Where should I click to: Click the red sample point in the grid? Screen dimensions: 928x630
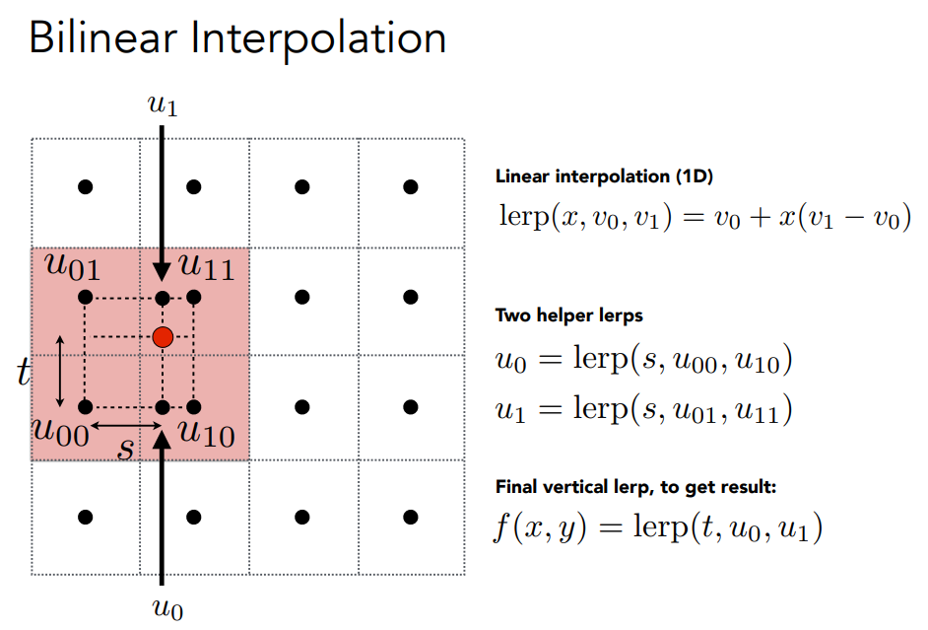pyautogui.click(x=163, y=337)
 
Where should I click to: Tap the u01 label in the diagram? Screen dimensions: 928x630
pyautogui.click(x=72, y=266)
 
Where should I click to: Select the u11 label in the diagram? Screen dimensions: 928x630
pyautogui.click(x=207, y=266)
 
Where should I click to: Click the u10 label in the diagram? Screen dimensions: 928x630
pyautogui.click(x=207, y=433)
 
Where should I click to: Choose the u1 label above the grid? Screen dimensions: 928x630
pyautogui.click(x=163, y=105)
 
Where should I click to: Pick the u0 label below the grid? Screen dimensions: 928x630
pyautogui.click(x=167, y=609)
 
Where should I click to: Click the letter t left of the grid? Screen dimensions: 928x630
pyautogui.click(x=24, y=372)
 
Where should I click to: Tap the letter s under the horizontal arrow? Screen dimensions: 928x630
pyautogui.click(x=125, y=449)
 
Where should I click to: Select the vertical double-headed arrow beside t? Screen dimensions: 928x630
pyautogui.click(x=59, y=372)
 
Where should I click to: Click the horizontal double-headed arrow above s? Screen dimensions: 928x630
pyautogui.click(x=125, y=425)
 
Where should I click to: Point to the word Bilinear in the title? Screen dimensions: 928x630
pyautogui.click(x=103, y=38)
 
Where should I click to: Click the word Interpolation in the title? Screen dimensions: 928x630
pyautogui.click(x=318, y=40)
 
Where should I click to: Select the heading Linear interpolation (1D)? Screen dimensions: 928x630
pyautogui.click(x=604, y=176)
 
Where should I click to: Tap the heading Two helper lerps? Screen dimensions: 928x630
pyautogui.click(x=569, y=315)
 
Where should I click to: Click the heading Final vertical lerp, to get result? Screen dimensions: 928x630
pyautogui.click(x=635, y=487)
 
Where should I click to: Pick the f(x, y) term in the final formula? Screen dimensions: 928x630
pyautogui.click(x=540, y=527)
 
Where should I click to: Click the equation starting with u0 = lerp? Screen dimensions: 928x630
pyautogui.click(x=644, y=360)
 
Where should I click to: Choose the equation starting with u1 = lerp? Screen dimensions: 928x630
pyautogui.click(x=644, y=409)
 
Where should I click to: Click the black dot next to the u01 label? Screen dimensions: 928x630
pyautogui.click(x=86, y=297)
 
